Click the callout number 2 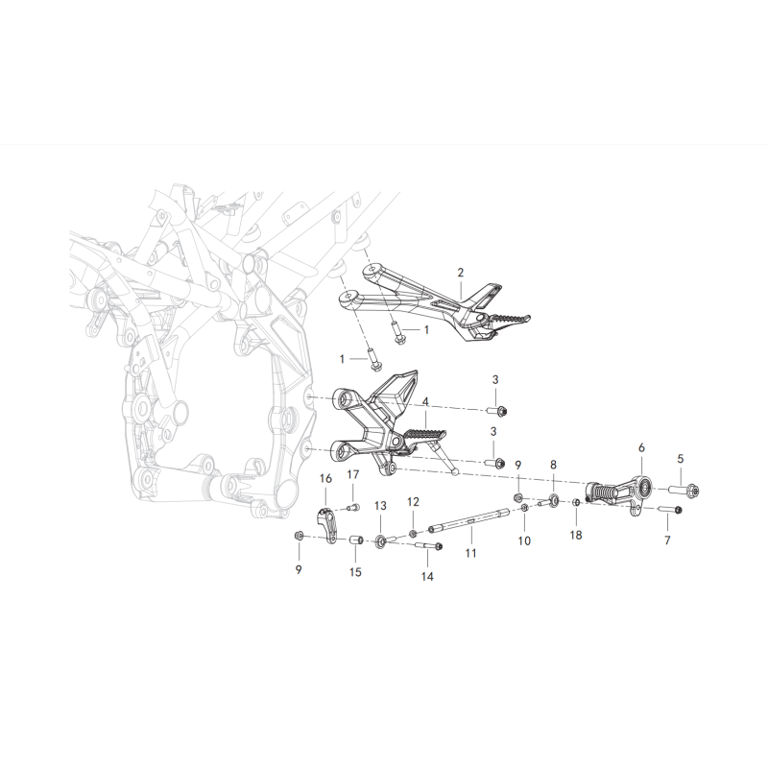click(x=460, y=273)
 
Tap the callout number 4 click(x=425, y=402)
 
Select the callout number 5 click(x=681, y=459)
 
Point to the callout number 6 click(x=641, y=447)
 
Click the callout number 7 click(x=667, y=540)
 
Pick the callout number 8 click(x=554, y=465)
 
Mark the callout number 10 click(x=524, y=540)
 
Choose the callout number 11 click(x=470, y=553)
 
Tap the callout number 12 click(x=413, y=502)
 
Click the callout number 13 click(x=380, y=506)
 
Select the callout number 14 click(x=427, y=577)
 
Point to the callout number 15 click(x=355, y=571)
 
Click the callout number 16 click(x=325, y=478)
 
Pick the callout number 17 click(x=352, y=474)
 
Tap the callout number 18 click(x=576, y=536)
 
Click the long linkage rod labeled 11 click(x=469, y=519)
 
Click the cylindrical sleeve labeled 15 click(x=355, y=540)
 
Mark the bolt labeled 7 click(x=670, y=510)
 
